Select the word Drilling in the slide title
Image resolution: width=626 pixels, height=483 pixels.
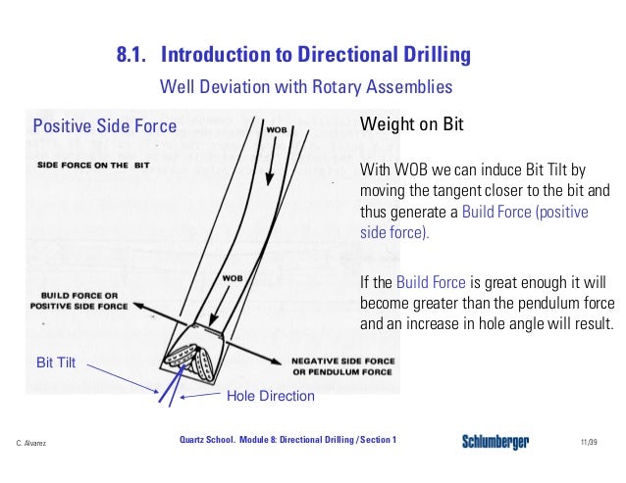click(x=431, y=54)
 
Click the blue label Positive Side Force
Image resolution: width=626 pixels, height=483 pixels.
click(x=105, y=125)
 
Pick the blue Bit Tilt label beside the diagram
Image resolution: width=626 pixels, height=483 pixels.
click(x=56, y=363)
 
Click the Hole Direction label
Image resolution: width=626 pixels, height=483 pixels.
click(x=270, y=396)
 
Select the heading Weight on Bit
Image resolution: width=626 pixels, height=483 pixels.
click(x=412, y=125)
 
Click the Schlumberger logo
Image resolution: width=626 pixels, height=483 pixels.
click(x=496, y=443)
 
